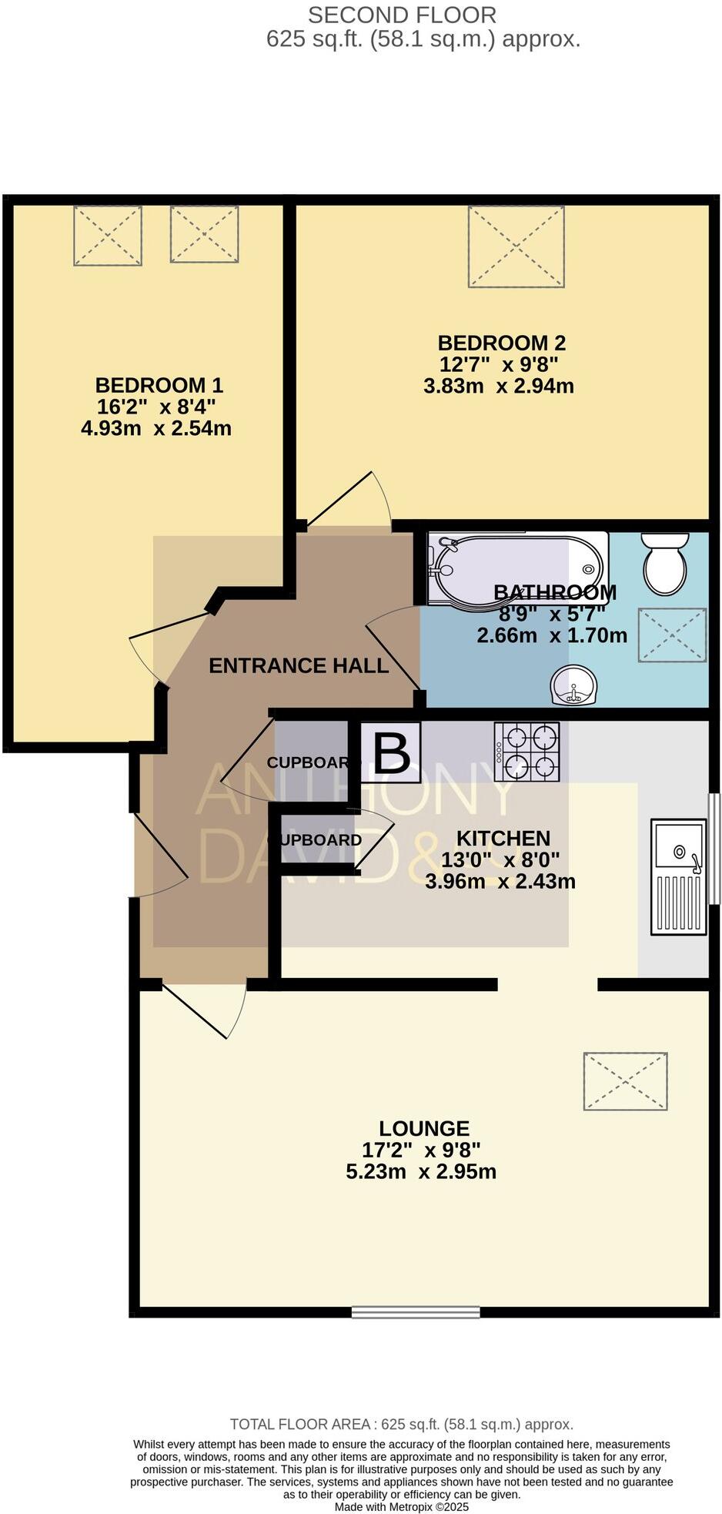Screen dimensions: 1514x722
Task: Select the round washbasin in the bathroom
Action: [573, 685]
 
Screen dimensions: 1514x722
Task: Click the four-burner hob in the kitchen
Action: [528, 752]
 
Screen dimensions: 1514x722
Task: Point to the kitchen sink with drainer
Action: [678, 877]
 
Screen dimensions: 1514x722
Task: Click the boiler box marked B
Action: [391, 752]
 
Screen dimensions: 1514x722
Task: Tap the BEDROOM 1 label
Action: [159, 385]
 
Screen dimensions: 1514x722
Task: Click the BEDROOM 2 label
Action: [501, 343]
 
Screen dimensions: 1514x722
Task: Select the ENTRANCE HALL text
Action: [299, 666]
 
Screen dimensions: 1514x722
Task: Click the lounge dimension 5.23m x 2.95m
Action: [421, 1172]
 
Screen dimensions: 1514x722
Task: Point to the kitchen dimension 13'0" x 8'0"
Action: [500, 859]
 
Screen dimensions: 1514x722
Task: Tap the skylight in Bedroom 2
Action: [516, 246]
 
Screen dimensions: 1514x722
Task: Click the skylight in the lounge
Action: [625, 1081]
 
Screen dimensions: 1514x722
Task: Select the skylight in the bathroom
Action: [672, 635]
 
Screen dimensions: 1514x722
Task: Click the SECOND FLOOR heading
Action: [402, 15]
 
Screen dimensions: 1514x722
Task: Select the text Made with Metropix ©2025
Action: [401, 1506]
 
